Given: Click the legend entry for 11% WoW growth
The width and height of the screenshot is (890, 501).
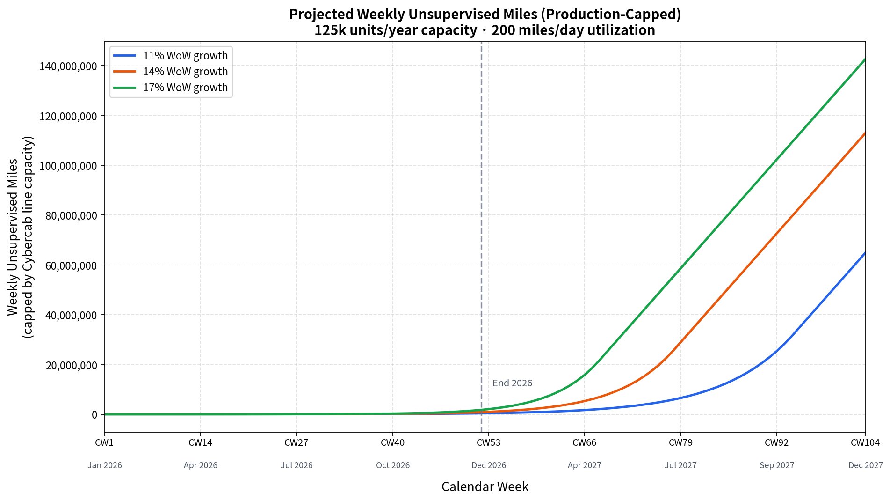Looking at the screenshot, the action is click(x=171, y=56).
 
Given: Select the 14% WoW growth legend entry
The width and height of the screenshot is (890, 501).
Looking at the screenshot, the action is click(x=171, y=72).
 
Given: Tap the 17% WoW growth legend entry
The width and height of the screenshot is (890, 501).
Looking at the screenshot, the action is click(x=171, y=88).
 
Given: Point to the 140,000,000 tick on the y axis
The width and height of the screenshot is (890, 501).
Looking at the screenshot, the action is click(x=68, y=66).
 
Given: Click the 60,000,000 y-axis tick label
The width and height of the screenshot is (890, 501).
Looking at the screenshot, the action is click(x=71, y=265).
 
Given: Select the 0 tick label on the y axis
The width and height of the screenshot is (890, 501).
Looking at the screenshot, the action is click(x=95, y=414).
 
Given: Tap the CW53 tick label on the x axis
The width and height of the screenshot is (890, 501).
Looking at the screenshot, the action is click(x=489, y=442).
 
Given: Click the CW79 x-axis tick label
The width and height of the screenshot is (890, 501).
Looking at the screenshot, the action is click(x=680, y=442).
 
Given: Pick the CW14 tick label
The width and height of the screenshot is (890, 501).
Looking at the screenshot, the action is click(x=201, y=442).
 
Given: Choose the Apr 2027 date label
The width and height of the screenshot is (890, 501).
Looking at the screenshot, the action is click(x=585, y=465).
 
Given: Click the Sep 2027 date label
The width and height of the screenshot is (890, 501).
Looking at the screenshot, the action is click(x=777, y=465).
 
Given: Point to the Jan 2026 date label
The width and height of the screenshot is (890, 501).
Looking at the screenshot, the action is click(x=105, y=465).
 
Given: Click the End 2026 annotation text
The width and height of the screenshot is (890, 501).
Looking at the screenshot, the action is click(x=512, y=383).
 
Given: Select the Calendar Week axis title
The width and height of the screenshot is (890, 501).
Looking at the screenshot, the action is click(x=485, y=487).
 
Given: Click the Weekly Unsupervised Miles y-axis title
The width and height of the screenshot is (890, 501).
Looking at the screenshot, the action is click(x=13, y=237).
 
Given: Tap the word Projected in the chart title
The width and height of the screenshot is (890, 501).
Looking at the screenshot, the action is click(x=322, y=15).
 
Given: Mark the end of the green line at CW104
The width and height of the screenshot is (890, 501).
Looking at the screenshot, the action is click(x=865, y=59).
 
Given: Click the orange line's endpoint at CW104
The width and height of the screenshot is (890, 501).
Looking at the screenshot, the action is click(x=865, y=133).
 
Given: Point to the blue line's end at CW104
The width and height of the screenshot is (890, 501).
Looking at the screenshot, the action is click(x=865, y=253).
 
